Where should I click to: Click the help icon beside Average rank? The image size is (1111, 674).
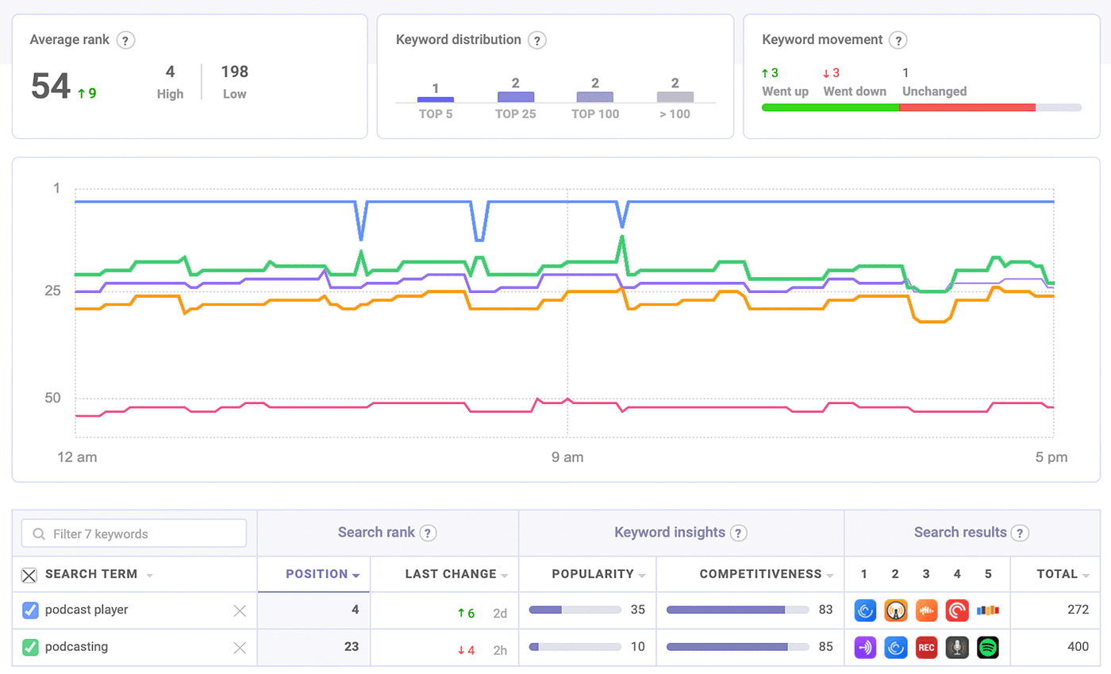point(125,40)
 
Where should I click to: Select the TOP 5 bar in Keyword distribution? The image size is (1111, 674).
point(436,98)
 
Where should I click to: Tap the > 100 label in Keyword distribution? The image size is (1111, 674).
point(675,114)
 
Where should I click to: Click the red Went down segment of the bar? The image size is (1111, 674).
point(967,107)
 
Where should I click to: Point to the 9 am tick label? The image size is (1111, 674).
point(567,457)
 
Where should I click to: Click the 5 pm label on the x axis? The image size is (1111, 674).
point(1052,457)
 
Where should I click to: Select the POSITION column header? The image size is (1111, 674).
point(316,574)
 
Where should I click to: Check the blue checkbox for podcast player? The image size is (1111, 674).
point(30,610)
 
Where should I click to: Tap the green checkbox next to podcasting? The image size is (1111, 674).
point(30,647)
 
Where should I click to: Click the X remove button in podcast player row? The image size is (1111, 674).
point(240,610)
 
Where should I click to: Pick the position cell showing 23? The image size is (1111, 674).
point(352,647)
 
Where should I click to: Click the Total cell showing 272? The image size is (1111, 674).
point(1077,610)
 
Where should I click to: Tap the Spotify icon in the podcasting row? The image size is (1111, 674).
point(988,647)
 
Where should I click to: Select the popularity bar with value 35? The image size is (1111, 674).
point(575,610)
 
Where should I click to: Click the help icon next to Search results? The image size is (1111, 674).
point(1021,533)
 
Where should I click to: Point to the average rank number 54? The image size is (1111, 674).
point(51,87)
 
